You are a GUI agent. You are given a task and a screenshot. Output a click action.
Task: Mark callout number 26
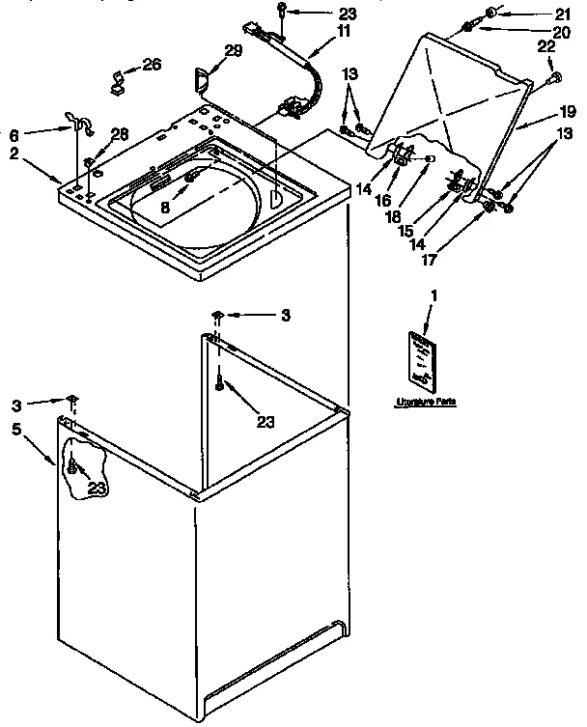point(152,65)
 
